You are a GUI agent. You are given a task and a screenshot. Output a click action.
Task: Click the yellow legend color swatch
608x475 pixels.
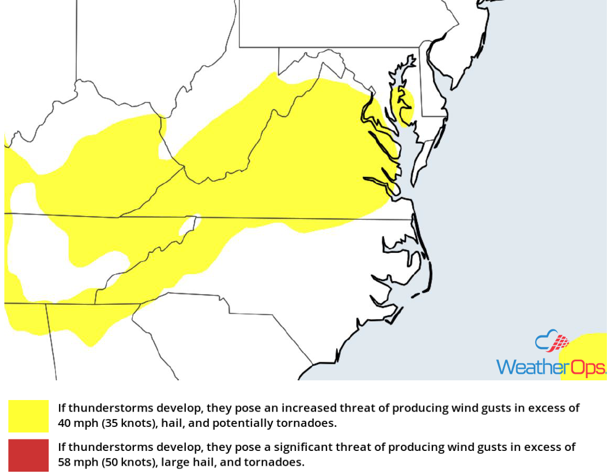pos(28,416)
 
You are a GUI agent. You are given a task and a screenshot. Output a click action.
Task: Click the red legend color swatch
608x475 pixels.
pos(28,455)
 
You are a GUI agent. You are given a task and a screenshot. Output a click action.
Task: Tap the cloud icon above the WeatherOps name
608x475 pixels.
pos(551,341)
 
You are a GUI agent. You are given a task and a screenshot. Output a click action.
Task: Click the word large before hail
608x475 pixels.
pos(169,462)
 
